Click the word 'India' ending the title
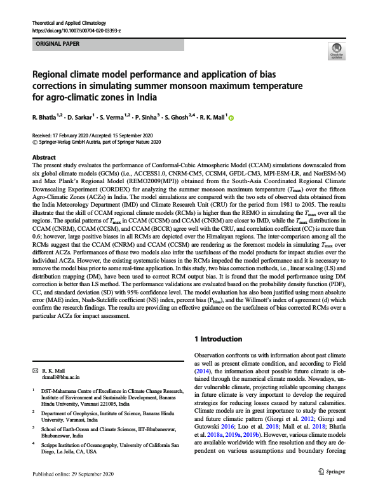147,97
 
